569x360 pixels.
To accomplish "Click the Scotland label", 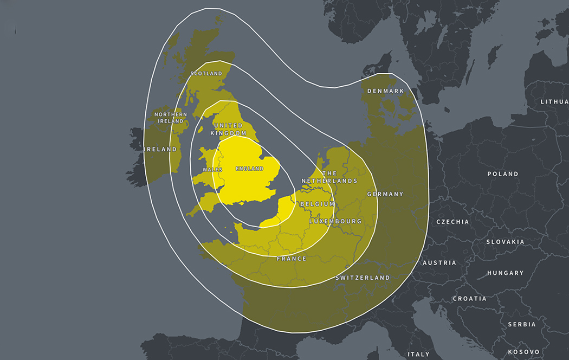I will click(206, 73).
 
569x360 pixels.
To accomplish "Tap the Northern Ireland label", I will click(171, 118).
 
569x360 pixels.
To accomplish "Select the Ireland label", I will click(161, 149).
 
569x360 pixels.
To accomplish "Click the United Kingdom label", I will click(228, 129).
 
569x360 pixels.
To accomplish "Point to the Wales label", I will click(212, 170).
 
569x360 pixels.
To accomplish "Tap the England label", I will click(249, 169).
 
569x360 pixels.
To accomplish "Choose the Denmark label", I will click(386, 91).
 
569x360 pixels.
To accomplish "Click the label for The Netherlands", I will click(329, 177).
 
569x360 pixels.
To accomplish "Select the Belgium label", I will click(317, 204).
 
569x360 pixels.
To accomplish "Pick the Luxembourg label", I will click(335, 222).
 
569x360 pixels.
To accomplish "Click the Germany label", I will click(385, 194).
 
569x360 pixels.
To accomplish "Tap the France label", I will click(292, 259).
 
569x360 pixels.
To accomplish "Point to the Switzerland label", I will click(363, 278).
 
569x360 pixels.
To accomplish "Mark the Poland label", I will click(503, 174).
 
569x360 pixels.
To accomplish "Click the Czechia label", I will click(453, 222).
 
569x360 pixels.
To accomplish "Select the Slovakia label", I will click(505, 242).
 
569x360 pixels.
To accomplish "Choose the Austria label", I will click(439, 263).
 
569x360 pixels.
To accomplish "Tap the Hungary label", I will click(505, 273).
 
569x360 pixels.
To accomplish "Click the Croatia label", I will click(469, 299).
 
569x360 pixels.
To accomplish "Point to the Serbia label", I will click(522, 325).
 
